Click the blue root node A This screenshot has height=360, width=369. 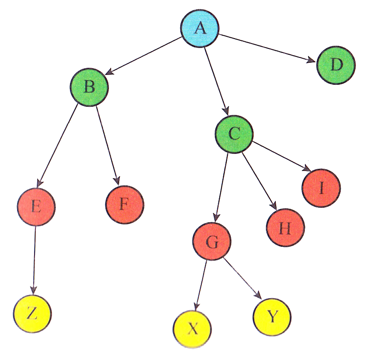point(200,28)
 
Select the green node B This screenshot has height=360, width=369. point(89,87)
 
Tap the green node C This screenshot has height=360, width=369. point(234,133)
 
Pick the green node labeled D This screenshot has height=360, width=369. point(336,66)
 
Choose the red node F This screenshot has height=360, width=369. point(125,204)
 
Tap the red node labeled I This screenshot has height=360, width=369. point(321,188)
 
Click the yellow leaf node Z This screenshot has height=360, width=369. point(32,313)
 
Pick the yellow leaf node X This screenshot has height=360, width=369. point(192,329)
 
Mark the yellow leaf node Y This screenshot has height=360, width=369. point(272,317)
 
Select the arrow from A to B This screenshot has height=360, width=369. point(143,57)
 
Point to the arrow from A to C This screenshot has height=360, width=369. point(217,81)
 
